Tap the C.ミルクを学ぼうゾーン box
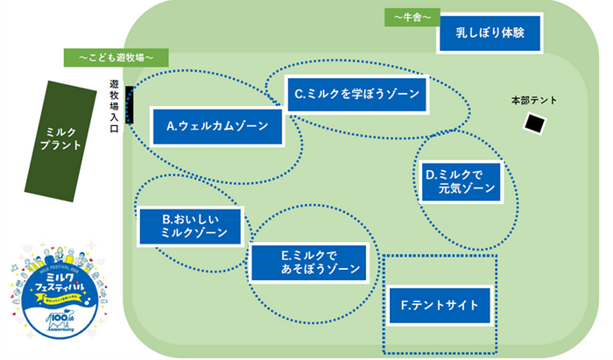click(357, 93)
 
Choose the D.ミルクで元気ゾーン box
click(461, 180)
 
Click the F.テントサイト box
click(440, 306)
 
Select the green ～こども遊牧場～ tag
click(116, 58)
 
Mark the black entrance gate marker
click(130, 106)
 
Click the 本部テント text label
click(533, 100)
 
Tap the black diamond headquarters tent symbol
click(532, 124)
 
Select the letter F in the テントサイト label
click(405, 306)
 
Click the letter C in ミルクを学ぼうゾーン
click(299, 94)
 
